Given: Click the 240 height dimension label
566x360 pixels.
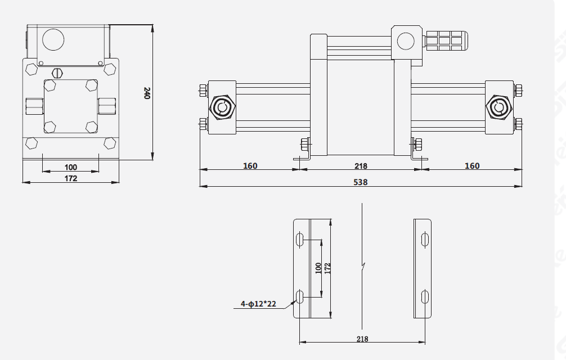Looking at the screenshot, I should click(147, 93).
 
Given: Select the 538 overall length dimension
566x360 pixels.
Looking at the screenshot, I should click(360, 182).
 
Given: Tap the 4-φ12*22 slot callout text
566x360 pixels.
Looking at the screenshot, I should click(259, 304).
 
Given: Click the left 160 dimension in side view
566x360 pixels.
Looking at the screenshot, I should click(250, 166).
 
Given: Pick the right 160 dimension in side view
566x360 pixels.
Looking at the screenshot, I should click(472, 166).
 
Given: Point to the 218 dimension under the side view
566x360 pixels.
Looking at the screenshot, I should click(360, 166).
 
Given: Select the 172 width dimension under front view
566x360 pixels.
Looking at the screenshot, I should click(70, 178).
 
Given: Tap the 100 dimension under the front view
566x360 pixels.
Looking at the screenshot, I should click(70, 167).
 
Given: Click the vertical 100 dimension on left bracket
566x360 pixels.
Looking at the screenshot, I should click(318, 268).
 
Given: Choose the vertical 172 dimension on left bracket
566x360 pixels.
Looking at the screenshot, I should click(327, 268).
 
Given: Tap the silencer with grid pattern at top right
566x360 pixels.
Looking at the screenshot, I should click(446, 40).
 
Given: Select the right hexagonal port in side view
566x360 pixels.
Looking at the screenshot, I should click(498, 107).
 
